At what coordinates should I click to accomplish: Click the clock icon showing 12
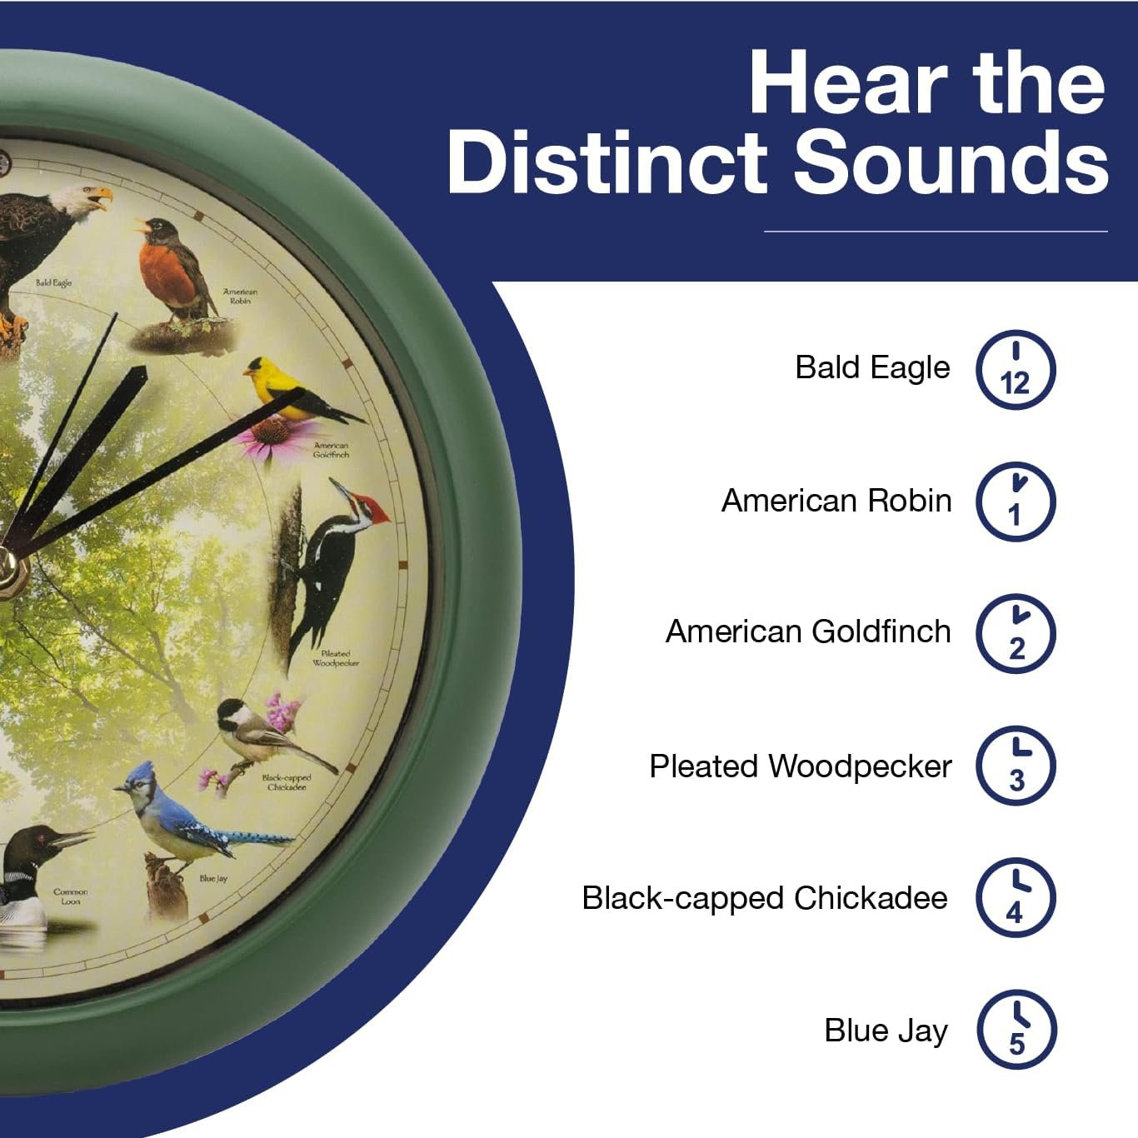[1016, 370]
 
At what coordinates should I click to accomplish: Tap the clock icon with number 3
[1016, 766]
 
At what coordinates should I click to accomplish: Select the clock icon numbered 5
[1016, 1030]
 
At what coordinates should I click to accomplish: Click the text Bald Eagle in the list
[872, 367]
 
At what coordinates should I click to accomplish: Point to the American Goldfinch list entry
[808, 631]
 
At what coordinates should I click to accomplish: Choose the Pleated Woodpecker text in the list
[801, 766]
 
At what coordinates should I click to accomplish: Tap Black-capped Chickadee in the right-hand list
[765, 898]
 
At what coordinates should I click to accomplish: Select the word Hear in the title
[849, 82]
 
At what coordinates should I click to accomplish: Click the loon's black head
[36, 845]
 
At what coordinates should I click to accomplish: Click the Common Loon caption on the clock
[70, 896]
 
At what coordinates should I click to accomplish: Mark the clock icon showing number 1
[1016, 502]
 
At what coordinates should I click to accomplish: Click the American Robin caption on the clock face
[241, 296]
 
